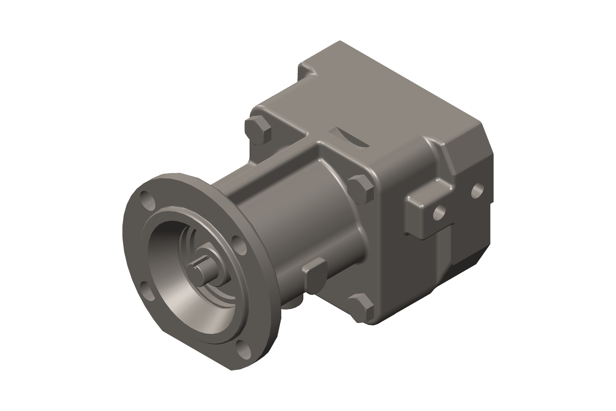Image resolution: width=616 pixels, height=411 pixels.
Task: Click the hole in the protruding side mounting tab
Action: tap(439, 213)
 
